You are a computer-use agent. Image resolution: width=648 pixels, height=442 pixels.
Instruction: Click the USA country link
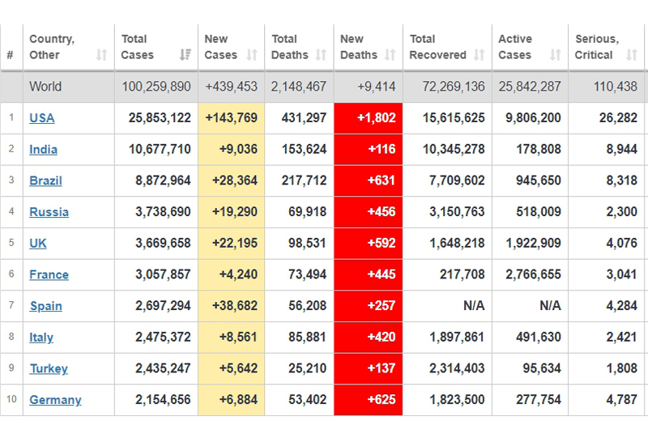42,118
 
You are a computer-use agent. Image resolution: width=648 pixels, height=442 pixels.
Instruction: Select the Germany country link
55,400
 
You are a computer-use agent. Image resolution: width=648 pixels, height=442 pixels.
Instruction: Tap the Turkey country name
49,368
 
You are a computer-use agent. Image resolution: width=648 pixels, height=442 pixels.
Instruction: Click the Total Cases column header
134,47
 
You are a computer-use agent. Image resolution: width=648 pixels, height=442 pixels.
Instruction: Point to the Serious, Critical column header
596,47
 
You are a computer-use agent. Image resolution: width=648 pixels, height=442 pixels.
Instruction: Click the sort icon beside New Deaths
390,55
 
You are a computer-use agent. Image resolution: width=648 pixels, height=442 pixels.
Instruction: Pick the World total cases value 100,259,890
156,87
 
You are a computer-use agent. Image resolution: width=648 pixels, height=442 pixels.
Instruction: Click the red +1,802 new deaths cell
369,118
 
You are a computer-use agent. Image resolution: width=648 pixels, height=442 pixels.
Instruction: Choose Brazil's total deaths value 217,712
299,181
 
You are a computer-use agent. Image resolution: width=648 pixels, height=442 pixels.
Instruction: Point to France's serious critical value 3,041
621,274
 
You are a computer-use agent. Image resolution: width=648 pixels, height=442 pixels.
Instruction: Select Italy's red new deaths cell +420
369,337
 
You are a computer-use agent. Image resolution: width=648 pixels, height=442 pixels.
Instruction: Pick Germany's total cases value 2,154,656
159,400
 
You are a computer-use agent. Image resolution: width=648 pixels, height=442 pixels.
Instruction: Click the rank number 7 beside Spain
11,306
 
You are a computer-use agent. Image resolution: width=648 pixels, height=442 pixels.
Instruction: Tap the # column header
10,55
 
